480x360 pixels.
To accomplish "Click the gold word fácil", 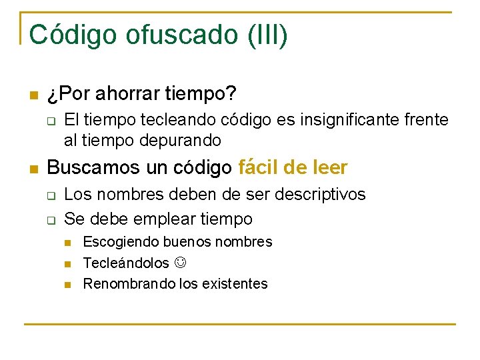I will tap(257, 167).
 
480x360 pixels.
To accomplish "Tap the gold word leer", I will tap(329, 167).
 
